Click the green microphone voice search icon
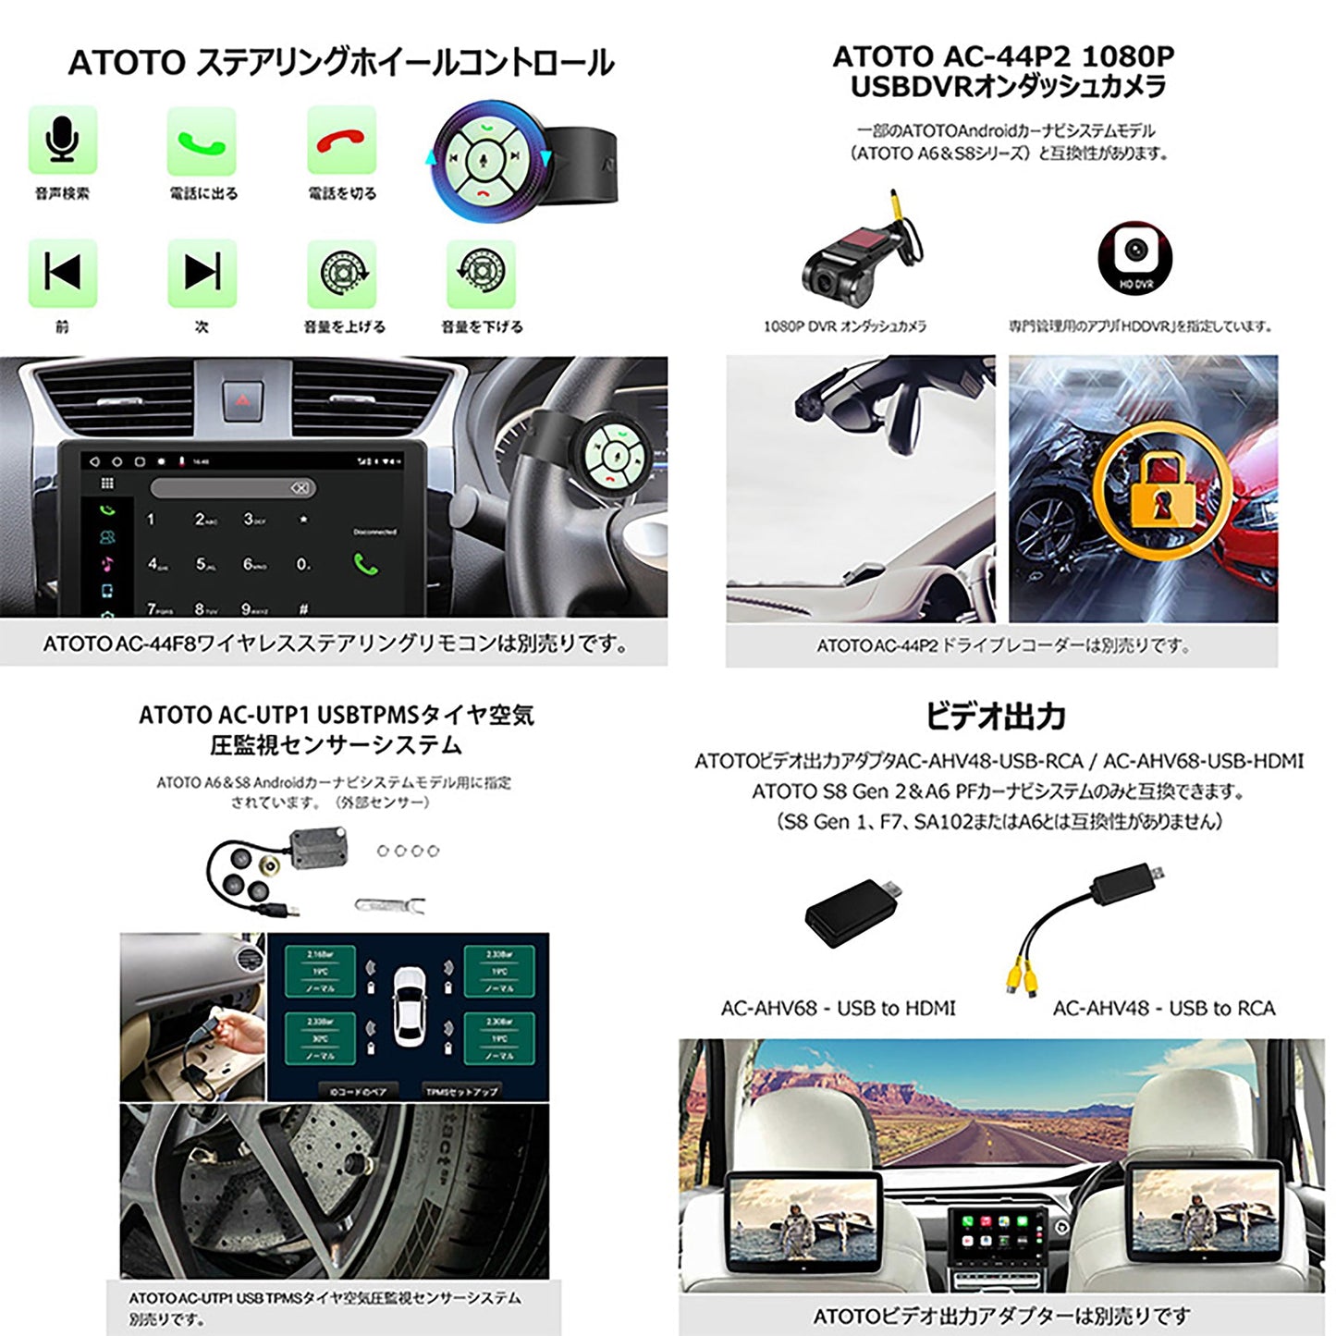[63, 141]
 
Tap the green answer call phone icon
[202, 141]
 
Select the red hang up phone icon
[341, 141]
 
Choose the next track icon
[202, 273]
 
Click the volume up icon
[341, 274]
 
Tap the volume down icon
[480, 274]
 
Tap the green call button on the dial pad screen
[365, 563]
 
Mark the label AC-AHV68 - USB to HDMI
[838, 1008]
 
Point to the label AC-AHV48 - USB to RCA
[1163, 1008]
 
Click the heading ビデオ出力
[995, 716]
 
